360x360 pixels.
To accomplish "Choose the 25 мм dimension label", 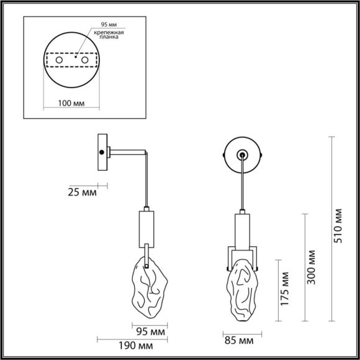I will coord(81,192).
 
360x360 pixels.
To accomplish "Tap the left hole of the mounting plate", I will coord(60,60).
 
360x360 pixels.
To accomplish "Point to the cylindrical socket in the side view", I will coord(146,228).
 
